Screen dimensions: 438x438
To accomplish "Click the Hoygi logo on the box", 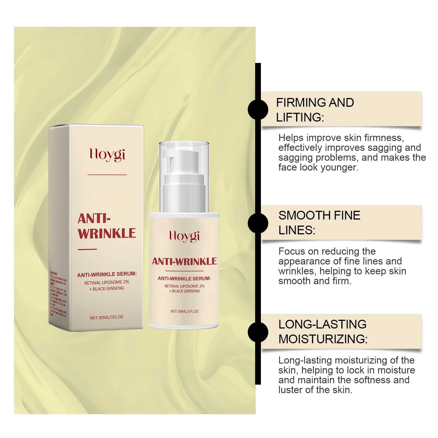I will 107,155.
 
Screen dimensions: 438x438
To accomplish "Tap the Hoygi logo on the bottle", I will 184,236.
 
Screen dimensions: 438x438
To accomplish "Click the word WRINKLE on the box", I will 107,234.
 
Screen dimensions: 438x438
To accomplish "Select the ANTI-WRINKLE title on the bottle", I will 184,261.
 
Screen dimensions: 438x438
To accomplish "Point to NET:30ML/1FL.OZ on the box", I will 106,317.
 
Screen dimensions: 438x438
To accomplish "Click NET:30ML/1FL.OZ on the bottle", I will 184,311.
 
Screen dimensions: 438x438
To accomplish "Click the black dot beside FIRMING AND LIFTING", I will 258,109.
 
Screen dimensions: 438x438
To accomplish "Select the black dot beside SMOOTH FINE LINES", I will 258,223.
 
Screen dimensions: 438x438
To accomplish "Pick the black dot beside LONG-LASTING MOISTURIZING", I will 258,332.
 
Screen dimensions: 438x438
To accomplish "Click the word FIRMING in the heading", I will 301,103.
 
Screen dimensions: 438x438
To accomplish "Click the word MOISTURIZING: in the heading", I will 323,339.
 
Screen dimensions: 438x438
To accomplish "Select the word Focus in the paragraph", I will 292,251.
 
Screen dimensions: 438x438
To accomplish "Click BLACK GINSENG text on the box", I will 108,289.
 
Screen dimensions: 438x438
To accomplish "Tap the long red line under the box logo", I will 107,175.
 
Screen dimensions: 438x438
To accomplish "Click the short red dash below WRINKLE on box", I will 87,249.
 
